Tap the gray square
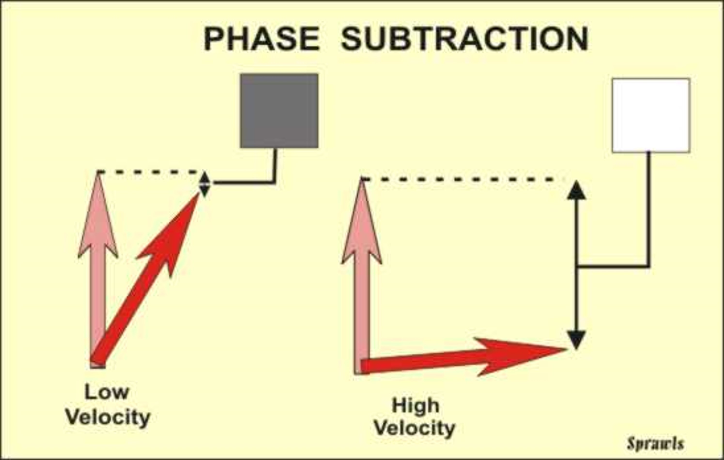coord(279,110)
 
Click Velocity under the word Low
coord(108,418)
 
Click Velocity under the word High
coord(415,429)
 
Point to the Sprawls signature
coord(656,444)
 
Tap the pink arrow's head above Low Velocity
coord(98,217)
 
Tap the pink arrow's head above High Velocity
coord(362,223)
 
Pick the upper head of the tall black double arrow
coord(576,190)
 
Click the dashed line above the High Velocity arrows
coord(463,179)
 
